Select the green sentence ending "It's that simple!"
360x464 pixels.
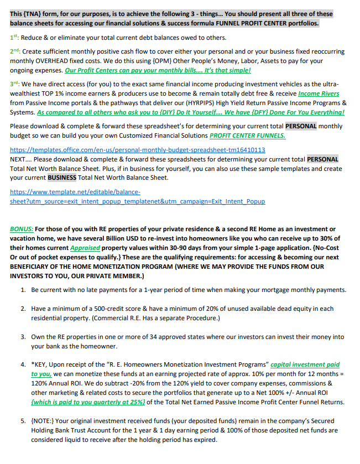pyautogui.click(x=158, y=70)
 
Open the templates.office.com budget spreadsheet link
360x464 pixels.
pyautogui.click(x=137, y=150)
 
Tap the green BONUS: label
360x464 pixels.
pyautogui.click(x=22, y=229)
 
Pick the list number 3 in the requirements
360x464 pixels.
pyautogui.click(x=23, y=336)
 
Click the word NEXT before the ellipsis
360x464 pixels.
pyautogui.click(x=19, y=159)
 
